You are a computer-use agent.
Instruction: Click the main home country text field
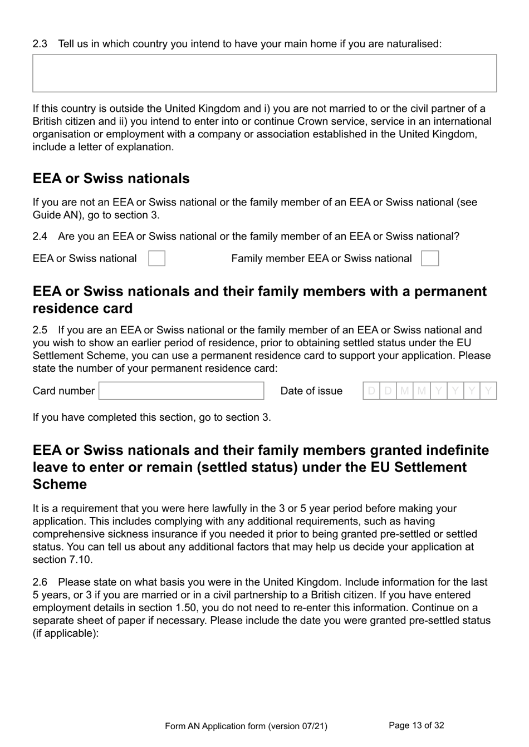pyautogui.click(x=264, y=73)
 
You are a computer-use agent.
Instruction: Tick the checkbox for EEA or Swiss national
pyautogui.click(x=156, y=258)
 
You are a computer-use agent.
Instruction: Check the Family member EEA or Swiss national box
pyautogui.click(x=430, y=258)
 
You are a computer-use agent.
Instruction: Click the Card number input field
pyautogui.click(x=182, y=391)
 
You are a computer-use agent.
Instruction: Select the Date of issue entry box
pyautogui.click(x=429, y=391)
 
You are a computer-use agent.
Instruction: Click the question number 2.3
pyautogui.click(x=40, y=43)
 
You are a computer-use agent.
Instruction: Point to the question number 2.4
pyautogui.click(x=40, y=236)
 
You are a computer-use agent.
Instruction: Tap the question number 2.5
pyautogui.click(x=40, y=330)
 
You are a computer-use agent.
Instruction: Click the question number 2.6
pyautogui.click(x=40, y=582)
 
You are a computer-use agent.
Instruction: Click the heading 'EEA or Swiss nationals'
pyautogui.click(x=111, y=179)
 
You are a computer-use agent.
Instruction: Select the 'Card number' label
pyautogui.click(x=63, y=391)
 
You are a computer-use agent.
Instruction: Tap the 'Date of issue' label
pyautogui.click(x=311, y=391)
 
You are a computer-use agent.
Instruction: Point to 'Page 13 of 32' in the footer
pyautogui.click(x=416, y=725)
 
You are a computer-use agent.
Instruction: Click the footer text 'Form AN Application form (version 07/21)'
pyautogui.click(x=246, y=726)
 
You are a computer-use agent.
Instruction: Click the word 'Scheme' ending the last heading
pyautogui.click(x=60, y=484)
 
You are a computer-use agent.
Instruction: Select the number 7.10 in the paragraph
pyautogui.click(x=80, y=559)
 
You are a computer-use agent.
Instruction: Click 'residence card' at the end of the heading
pyautogui.click(x=83, y=308)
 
